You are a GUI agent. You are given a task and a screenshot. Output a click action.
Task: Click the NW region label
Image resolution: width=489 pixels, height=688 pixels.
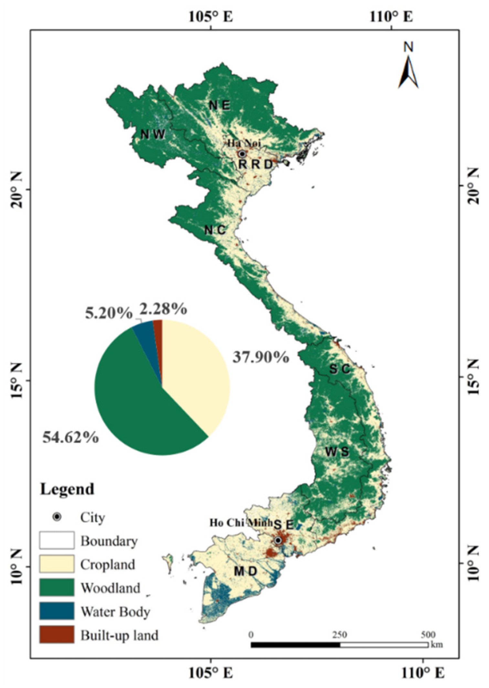pyautogui.click(x=153, y=134)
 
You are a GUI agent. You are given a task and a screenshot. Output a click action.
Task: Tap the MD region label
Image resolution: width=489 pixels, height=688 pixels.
pyautogui.click(x=245, y=571)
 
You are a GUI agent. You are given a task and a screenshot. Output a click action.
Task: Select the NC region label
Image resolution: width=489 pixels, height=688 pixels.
pyautogui.click(x=215, y=230)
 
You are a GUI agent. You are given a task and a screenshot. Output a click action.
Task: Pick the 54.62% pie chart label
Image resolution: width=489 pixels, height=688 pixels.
pyautogui.click(x=70, y=438)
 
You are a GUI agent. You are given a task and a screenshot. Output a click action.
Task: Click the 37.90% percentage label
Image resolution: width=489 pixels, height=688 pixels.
pyautogui.click(x=260, y=357)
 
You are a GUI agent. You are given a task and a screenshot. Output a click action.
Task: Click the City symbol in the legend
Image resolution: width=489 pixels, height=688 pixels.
pyautogui.click(x=57, y=517)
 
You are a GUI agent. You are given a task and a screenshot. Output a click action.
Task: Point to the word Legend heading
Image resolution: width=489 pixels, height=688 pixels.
pyautogui.click(x=67, y=489)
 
